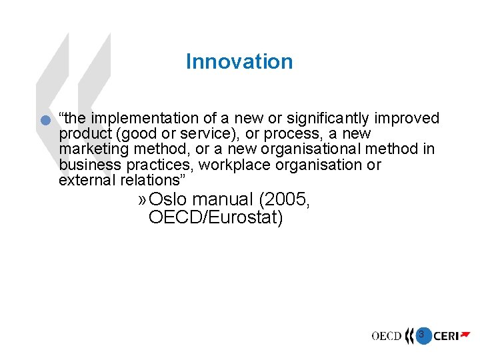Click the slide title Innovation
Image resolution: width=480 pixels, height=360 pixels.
[x=239, y=61]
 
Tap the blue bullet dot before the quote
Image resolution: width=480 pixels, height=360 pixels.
[x=45, y=121]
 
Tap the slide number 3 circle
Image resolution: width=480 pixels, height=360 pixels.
[x=421, y=333]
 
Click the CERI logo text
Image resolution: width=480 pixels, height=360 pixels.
[x=446, y=337]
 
